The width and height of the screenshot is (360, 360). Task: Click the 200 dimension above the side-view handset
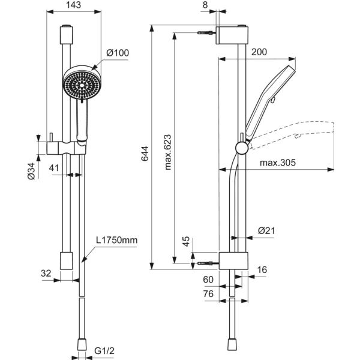259,52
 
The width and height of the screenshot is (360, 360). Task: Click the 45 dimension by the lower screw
186,241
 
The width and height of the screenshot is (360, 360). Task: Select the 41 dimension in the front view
54,169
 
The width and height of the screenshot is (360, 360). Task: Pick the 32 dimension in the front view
46,272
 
